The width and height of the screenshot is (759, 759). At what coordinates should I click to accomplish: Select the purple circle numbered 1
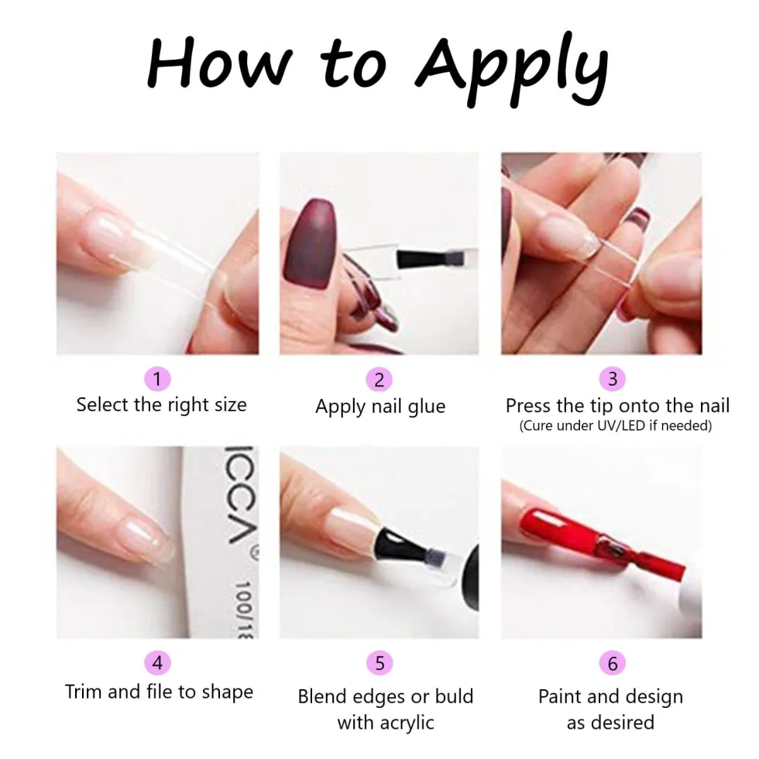[x=157, y=379]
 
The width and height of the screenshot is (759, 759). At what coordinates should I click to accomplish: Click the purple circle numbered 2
[x=379, y=379]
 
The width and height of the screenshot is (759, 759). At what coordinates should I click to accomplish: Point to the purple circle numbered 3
[x=613, y=379]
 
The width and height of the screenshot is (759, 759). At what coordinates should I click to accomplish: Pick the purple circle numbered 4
[x=157, y=662]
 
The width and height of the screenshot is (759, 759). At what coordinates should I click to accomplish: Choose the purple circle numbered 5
[x=379, y=663]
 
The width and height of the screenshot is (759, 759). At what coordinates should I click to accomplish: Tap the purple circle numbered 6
[x=613, y=663]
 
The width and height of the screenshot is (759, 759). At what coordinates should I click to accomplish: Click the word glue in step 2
[x=427, y=407]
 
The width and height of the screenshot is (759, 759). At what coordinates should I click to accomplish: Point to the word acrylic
[x=407, y=723]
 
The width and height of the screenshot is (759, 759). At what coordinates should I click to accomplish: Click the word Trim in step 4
[x=84, y=692]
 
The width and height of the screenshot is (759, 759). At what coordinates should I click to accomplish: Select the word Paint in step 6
[x=561, y=696]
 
